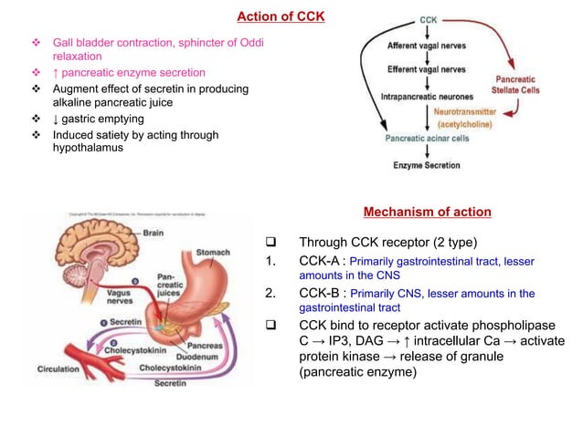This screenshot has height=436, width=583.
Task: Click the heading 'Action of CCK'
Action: coord(281,16)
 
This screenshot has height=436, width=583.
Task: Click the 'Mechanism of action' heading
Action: coord(427,213)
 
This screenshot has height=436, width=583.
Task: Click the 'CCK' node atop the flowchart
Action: coord(428,19)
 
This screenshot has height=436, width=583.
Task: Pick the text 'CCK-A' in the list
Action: coord(321,262)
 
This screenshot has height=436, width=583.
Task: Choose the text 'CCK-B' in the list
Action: coord(321,294)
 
